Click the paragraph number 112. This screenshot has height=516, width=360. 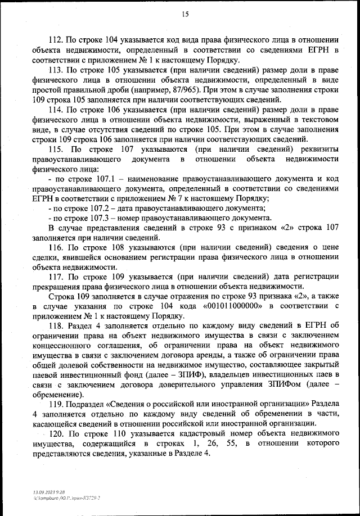[57, 39]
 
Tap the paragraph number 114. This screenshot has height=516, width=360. [57, 110]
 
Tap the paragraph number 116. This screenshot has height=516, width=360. [57, 247]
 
